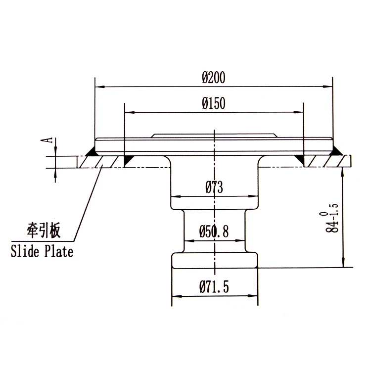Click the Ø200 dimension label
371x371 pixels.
pos(214,78)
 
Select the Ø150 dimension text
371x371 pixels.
pos(214,103)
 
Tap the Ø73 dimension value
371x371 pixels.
pos(214,187)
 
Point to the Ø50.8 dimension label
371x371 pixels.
pos(214,232)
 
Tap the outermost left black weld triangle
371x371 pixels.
pos(91,150)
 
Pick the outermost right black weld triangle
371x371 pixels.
pos(337,150)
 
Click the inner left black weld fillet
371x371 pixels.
pos(128,159)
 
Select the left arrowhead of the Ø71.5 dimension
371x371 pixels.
pos(175,296)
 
